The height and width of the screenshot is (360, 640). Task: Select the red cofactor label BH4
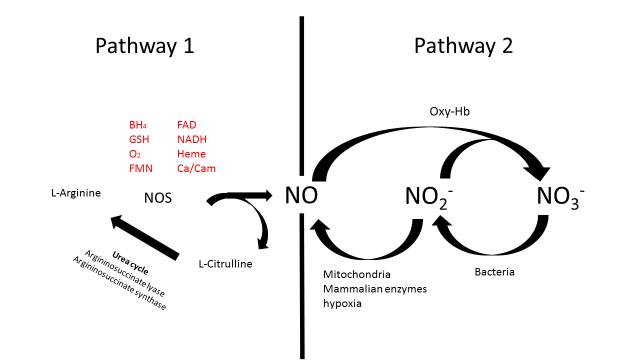(x=137, y=125)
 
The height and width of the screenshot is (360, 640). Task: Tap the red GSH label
(x=138, y=140)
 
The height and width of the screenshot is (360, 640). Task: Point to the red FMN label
(x=139, y=169)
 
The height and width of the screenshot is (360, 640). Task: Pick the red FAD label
(x=187, y=125)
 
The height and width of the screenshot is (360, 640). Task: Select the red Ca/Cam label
(x=195, y=169)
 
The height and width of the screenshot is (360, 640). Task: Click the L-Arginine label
(x=74, y=192)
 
